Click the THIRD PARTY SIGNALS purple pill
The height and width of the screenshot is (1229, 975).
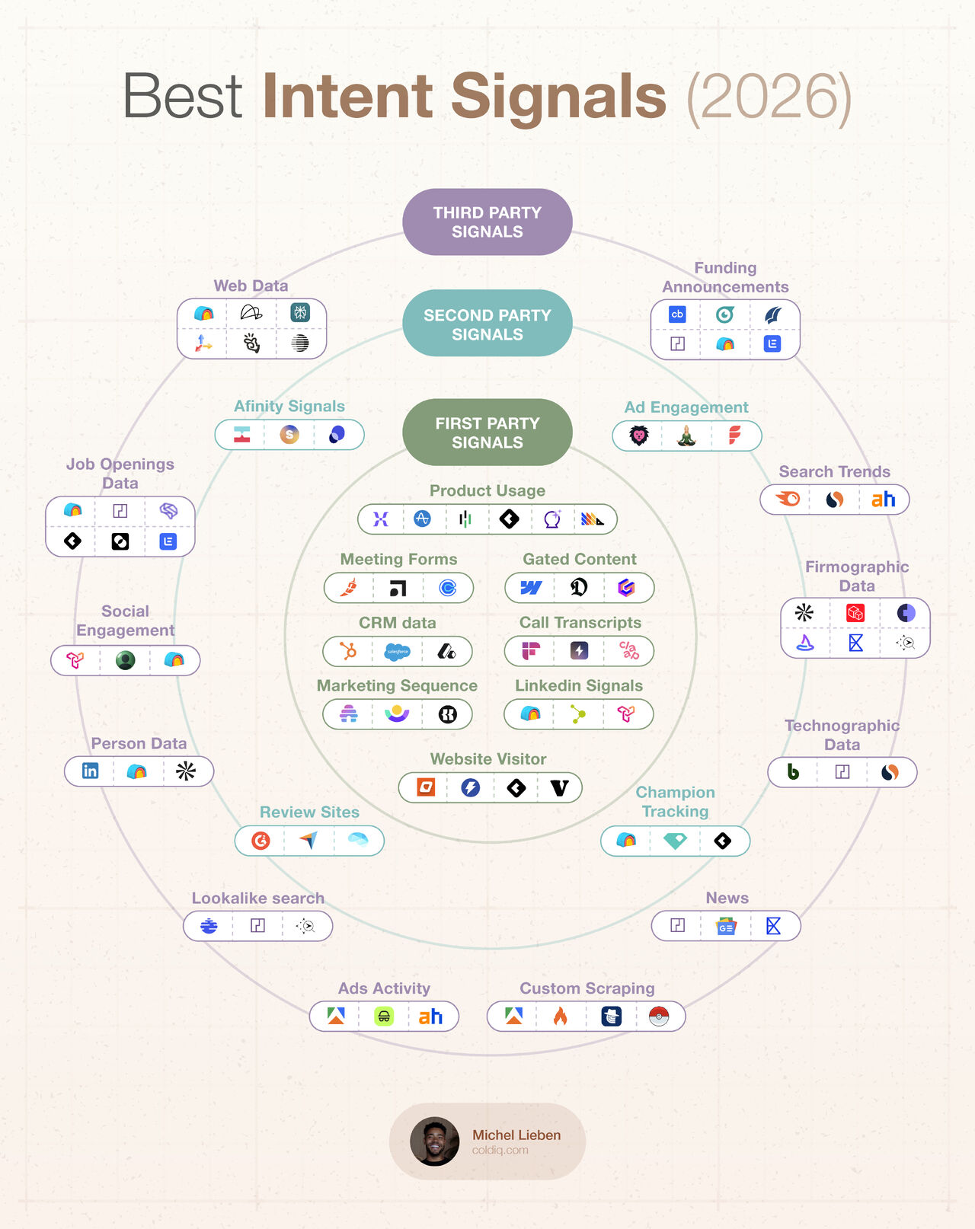[x=487, y=222]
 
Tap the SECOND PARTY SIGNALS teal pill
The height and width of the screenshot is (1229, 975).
[x=487, y=324]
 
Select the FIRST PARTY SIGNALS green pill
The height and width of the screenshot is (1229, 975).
[x=487, y=432]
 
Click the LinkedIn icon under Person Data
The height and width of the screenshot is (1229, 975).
[x=90, y=771]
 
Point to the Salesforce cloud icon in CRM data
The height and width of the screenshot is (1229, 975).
[x=398, y=651]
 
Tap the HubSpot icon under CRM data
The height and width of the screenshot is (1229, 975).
[x=348, y=651]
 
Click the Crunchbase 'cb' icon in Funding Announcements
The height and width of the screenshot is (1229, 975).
[x=677, y=314]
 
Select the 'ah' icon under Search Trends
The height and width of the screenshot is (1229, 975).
[x=883, y=500]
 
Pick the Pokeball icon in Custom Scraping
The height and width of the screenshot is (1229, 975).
[x=659, y=1016]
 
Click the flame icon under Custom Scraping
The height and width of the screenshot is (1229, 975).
[x=561, y=1016]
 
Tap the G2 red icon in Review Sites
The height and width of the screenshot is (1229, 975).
[x=261, y=841]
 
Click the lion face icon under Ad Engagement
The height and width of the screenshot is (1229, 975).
[x=639, y=436]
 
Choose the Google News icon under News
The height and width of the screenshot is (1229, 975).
[x=726, y=926]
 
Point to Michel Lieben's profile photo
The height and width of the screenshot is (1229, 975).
[x=434, y=1141]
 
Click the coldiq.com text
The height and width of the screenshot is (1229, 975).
[x=500, y=1150]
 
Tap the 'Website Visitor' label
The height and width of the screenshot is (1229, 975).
[x=488, y=759]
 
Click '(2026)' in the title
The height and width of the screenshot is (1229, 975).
[x=769, y=97]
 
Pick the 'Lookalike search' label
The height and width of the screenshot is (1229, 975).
[x=257, y=898]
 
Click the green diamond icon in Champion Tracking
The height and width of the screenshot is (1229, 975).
[x=676, y=841]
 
